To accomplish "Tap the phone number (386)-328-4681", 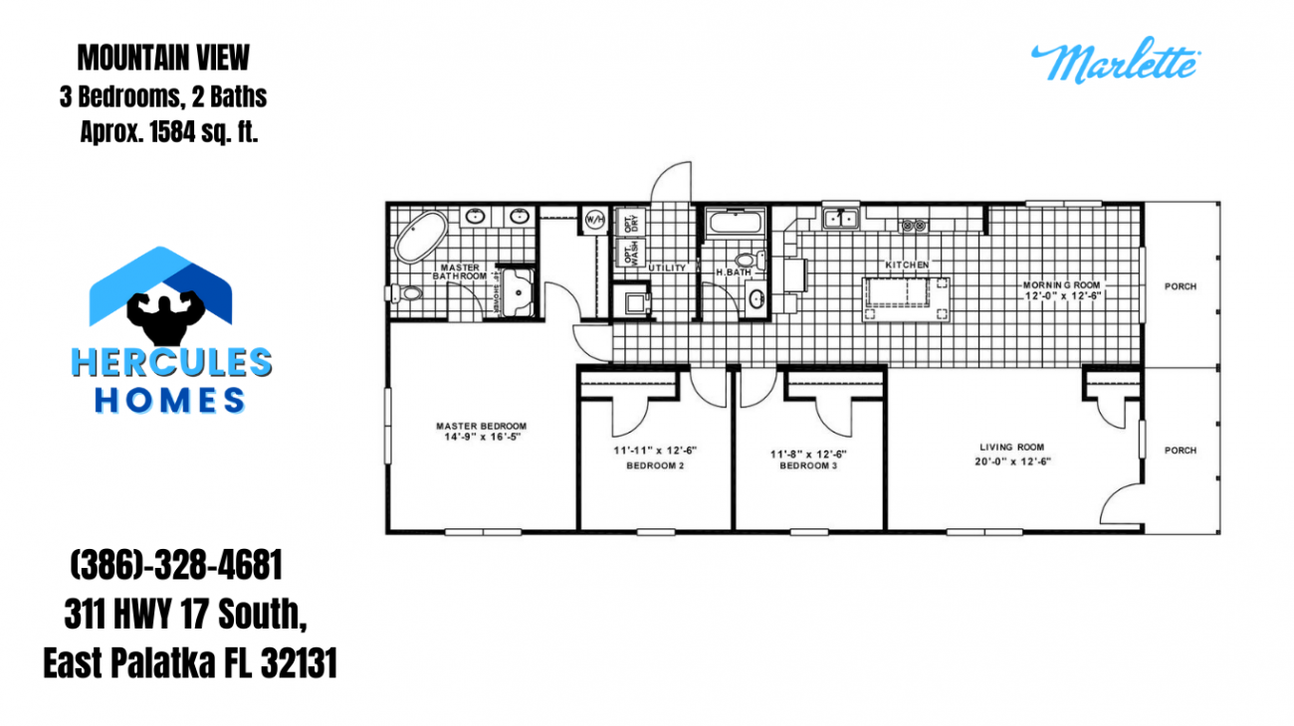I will point(176,568).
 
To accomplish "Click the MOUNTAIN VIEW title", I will point(164,59).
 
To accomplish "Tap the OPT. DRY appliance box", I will point(629,221).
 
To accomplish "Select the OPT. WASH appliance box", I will point(629,253).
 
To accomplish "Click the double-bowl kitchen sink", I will point(841,218).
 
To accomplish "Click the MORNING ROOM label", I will point(1062,285).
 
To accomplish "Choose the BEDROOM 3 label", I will point(808,464).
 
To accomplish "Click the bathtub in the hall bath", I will point(735,225).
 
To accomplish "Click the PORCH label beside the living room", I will point(1181,451).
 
